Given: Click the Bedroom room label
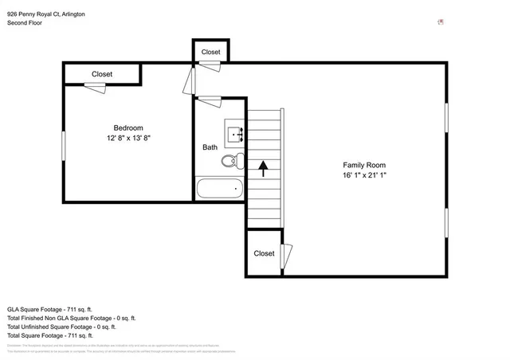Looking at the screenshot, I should (x=127, y=128).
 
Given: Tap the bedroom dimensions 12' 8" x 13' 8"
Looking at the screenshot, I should (x=127, y=138).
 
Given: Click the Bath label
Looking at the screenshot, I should (x=210, y=147).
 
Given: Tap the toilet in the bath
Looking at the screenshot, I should (x=229, y=162).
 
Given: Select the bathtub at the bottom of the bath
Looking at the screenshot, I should (x=220, y=190).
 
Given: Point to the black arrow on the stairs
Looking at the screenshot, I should (x=263, y=168).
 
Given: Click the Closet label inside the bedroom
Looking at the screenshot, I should (x=102, y=74).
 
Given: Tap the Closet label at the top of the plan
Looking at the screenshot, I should (x=210, y=52).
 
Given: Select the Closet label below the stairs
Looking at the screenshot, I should (x=264, y=253).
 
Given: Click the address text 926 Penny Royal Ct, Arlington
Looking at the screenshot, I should (x=46, y=14).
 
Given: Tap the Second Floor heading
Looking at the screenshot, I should (x=25, y=23).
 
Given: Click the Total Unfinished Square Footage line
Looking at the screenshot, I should (x=61, y=327).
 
